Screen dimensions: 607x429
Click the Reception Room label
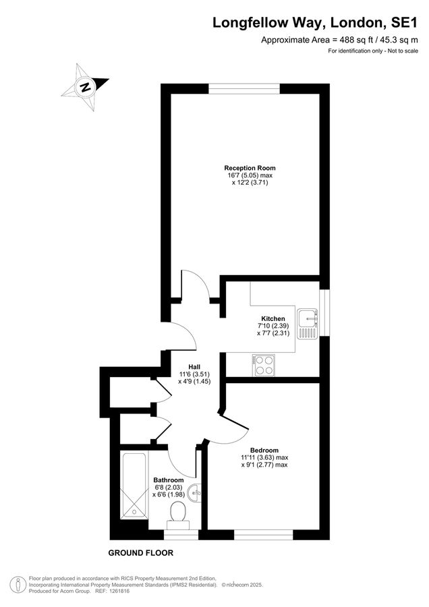tap(250, 168)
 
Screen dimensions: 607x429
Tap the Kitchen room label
tap(273, 318)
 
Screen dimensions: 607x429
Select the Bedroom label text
tap(264, 450)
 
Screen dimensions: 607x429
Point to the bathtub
tap(133, 486)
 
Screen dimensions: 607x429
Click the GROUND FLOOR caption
tap(141, 553)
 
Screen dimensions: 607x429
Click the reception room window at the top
tap(244, 88)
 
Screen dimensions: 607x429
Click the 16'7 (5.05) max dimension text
tap(250, 175)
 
